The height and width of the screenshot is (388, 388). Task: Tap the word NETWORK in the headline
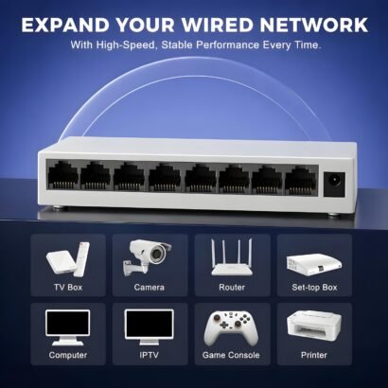[x=314, y=25]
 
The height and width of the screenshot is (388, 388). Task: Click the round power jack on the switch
[x=334, y=181]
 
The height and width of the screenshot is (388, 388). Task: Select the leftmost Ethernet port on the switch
[x=63, y=175]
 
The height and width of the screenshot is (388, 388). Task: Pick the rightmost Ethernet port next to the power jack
[x=300, y=180]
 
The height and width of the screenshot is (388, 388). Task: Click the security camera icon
[x=147, y=257]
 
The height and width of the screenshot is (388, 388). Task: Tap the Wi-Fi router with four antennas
[x=232, y=257]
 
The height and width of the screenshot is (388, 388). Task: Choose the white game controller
[x=231, y=328]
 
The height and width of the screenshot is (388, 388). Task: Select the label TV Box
[x=68, y=288]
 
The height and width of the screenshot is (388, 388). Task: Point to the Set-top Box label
[x=314, y=288]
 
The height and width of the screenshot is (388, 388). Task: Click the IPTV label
[x=149, y=355]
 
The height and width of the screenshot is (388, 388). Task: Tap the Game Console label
[x=231, y=355]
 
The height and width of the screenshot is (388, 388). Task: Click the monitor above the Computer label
[x=67, y=327]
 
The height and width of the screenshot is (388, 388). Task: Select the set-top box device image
[x=314, y=264]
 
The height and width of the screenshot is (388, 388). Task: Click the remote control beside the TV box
[x=82, y=259]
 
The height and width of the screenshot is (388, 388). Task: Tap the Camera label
[x=149, y=288]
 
